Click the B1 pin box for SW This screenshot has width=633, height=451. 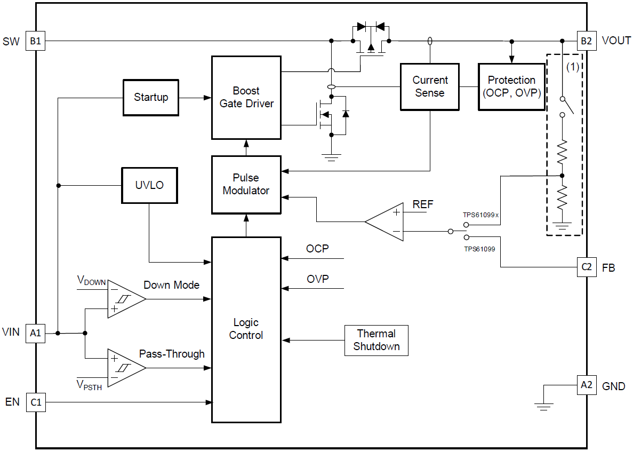(x=36, y=41)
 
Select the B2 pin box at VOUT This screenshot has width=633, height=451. (x=586, y=41)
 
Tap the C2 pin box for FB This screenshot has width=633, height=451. (x=586, y=267)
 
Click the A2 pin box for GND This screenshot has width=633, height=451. (x=586, y=385)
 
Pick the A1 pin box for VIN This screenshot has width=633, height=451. (x=36, y=333)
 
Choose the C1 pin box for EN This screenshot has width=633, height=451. (x=36, y=402)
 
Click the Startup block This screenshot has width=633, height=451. (x=151, y=98)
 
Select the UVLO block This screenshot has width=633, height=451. (x=149, y=185)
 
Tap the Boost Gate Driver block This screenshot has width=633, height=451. (x=246, y=97)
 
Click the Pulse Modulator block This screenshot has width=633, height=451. (x=246, y=184)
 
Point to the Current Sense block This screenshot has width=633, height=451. (x=430, y=86)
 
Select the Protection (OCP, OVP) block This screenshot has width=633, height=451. (x=511, y=86)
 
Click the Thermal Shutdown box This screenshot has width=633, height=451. (x=376, y=340)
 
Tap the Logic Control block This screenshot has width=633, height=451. (x=246, y=329)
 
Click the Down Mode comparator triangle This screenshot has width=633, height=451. (x=124, y=299)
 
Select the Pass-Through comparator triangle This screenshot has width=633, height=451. (x=124, y=367)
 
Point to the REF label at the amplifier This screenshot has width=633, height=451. (x=423, y=205)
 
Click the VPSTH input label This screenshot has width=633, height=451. (x=89, y=385)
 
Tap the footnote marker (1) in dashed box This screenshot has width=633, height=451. (x=572, y=67)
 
